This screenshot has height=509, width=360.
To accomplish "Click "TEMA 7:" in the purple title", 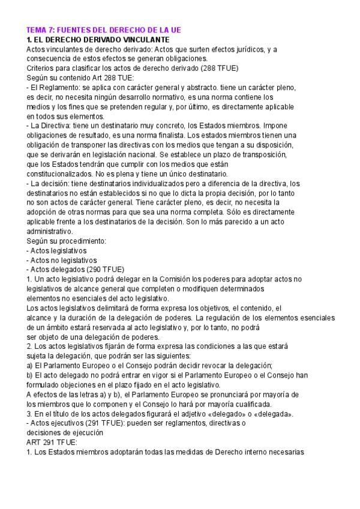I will (41, 29).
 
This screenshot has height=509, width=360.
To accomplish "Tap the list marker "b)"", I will (31, 375).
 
